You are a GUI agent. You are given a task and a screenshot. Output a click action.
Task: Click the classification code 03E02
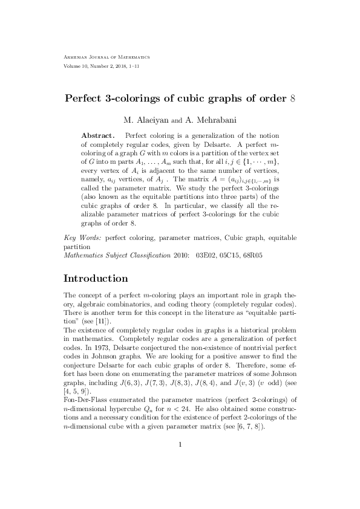206,256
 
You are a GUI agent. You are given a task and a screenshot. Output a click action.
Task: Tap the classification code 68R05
261,256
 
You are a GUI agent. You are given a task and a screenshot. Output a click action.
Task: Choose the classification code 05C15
234,256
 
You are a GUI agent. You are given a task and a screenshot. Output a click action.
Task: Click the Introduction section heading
96,279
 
